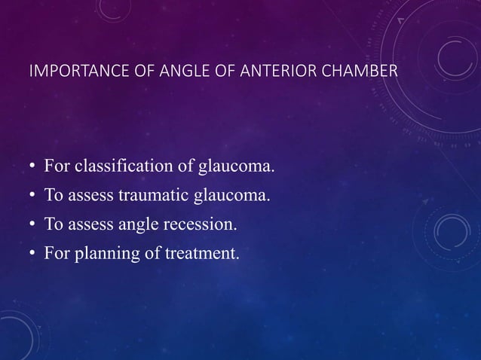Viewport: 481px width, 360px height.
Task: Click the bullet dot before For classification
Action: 32,166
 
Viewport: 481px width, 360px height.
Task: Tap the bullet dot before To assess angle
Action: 32,225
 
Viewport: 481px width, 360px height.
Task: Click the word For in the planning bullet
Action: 57,254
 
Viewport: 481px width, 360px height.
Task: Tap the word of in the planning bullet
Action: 152,254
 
